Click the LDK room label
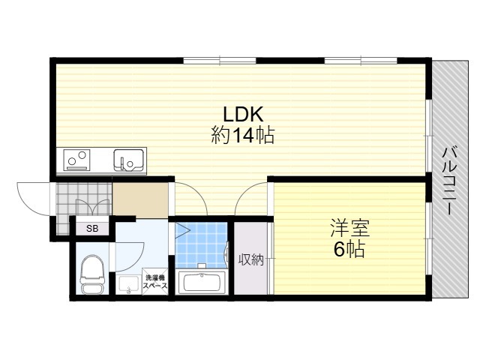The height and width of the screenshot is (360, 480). (243, 114)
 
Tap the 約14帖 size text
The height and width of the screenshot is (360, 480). (243, 135)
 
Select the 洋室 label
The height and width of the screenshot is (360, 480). (350, 228)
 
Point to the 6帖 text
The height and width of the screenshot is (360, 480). (349, 250)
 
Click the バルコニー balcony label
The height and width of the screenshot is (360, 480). (450, 181)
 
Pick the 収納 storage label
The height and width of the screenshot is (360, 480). (251, 260)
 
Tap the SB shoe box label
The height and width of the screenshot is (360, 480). (92, 228)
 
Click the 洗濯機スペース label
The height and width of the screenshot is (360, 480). (156, 282)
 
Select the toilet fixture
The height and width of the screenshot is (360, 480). (92, 274)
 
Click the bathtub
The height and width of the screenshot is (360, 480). (202, 283)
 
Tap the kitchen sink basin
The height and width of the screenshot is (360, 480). (128, 160)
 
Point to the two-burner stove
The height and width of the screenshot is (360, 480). (76, 160)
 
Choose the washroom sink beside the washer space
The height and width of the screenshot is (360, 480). (128, 285)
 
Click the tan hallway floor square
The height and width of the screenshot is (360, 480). (140, 199)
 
